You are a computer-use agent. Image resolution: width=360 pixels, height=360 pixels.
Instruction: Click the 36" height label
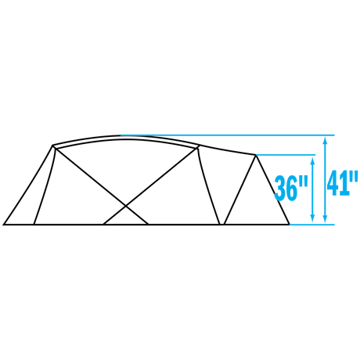(x=291, y=188)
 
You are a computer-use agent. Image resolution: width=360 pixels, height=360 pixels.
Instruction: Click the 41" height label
(x=342, y=183)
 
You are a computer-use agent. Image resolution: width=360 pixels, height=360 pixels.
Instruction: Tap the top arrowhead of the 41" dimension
(x=325, y=141)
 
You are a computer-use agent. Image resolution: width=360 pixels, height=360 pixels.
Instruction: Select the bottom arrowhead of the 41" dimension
(x=325, y=219)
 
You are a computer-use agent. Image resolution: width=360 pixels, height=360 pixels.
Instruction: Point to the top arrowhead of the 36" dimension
(x=312, y=160)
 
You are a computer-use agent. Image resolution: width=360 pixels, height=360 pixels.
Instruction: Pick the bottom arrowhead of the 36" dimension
(x=312, y=219)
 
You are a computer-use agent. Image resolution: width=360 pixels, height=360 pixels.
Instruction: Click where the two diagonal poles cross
(x=126, y=207)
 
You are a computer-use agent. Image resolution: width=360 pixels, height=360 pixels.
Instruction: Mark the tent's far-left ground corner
(x=4, y=225)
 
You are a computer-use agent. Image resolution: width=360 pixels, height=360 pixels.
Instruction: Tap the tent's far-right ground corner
(x=290, y=224)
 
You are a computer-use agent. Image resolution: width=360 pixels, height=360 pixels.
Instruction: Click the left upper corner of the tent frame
(x=53, y=146)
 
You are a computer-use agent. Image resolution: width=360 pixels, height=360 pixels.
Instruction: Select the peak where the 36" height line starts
(x=256, y=156)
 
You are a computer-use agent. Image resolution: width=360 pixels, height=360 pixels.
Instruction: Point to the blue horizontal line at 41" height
(x=228, y=135)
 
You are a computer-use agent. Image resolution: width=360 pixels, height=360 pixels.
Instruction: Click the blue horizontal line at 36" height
(x=286, y=155)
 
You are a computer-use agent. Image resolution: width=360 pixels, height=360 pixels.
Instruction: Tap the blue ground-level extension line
(x=312, y=225)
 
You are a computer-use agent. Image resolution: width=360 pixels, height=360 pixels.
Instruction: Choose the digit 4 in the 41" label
(x=335, y=183)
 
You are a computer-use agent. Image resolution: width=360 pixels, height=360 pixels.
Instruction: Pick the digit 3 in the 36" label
(x=280, y=188)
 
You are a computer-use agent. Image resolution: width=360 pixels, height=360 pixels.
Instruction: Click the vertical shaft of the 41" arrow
(x=325, y=180)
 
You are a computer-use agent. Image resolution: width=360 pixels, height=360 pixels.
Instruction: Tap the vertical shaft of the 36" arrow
(x=312, y=189)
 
